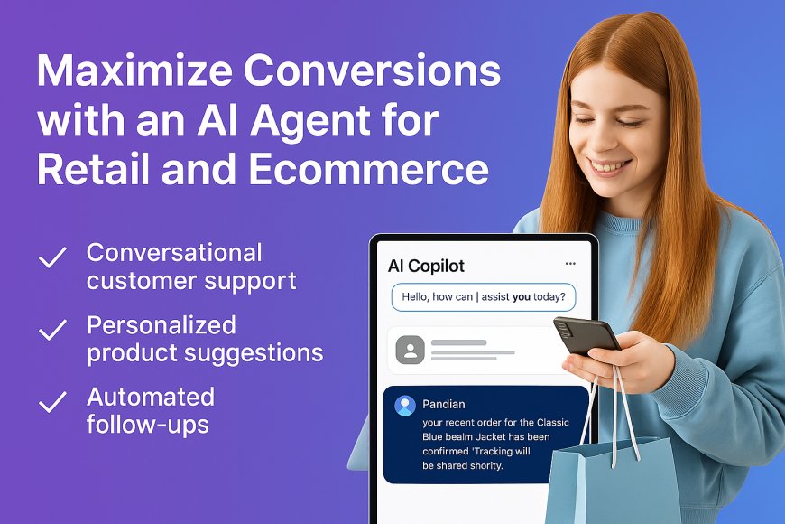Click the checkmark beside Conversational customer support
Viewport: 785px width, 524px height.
(52, 258)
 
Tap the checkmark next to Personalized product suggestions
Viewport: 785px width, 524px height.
(52, 331)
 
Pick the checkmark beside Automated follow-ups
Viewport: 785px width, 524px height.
(52, 402)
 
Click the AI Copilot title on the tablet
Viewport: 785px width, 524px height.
(426, 266)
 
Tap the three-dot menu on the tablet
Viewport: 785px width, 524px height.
(570, 264)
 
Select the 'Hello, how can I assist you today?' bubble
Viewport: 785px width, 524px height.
(484, 298)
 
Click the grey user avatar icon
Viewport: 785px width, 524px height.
(410, 350)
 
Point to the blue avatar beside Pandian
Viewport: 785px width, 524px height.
(405, 406)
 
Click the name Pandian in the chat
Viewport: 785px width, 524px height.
(443, 405)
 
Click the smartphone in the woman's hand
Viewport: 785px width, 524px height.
(584, 336)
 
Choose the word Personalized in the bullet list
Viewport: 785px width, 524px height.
(162, 325)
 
